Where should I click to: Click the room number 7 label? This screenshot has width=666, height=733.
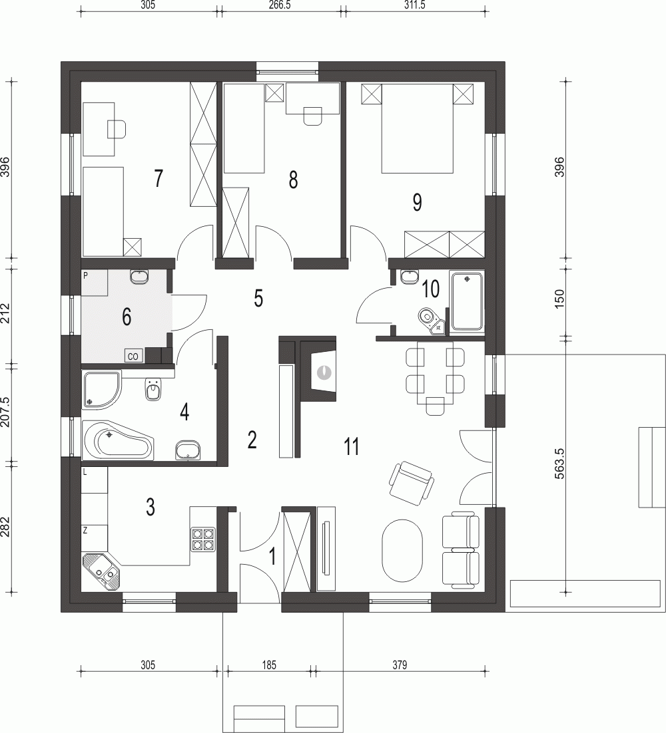pyautogui.click(x=159, y=178)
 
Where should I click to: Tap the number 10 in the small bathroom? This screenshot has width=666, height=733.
pyautogui.click(x=431, y=289)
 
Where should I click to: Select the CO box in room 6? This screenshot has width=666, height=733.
pyautogui.click(x=133, y=357)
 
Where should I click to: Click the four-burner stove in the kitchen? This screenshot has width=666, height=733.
pyautogui.click(x=202, y=539)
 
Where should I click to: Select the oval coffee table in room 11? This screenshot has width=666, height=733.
pyautogui.click(x=404, y=551)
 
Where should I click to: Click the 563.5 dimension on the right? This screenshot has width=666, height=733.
pyautogui.click(x=559, y=463)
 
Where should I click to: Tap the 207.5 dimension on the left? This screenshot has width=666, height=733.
pyautogui.click(x=5, y=412)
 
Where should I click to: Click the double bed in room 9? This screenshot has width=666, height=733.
pyautogui.click(x=418, y=128)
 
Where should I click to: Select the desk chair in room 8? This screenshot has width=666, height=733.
pyautogui.click(x=312, y=116)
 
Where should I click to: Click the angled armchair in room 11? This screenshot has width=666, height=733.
pyautogui.click(x=411, y=483)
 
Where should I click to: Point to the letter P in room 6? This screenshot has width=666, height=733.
pyautogui.click(x=85, y=276)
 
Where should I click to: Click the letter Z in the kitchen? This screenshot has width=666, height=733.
pyautogui.click(x=85, y=530)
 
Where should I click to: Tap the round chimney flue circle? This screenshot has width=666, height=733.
pyautogui.click(x=324, y=372)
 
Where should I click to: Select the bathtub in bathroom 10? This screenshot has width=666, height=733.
pyautogui.click(x=466, y=301)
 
